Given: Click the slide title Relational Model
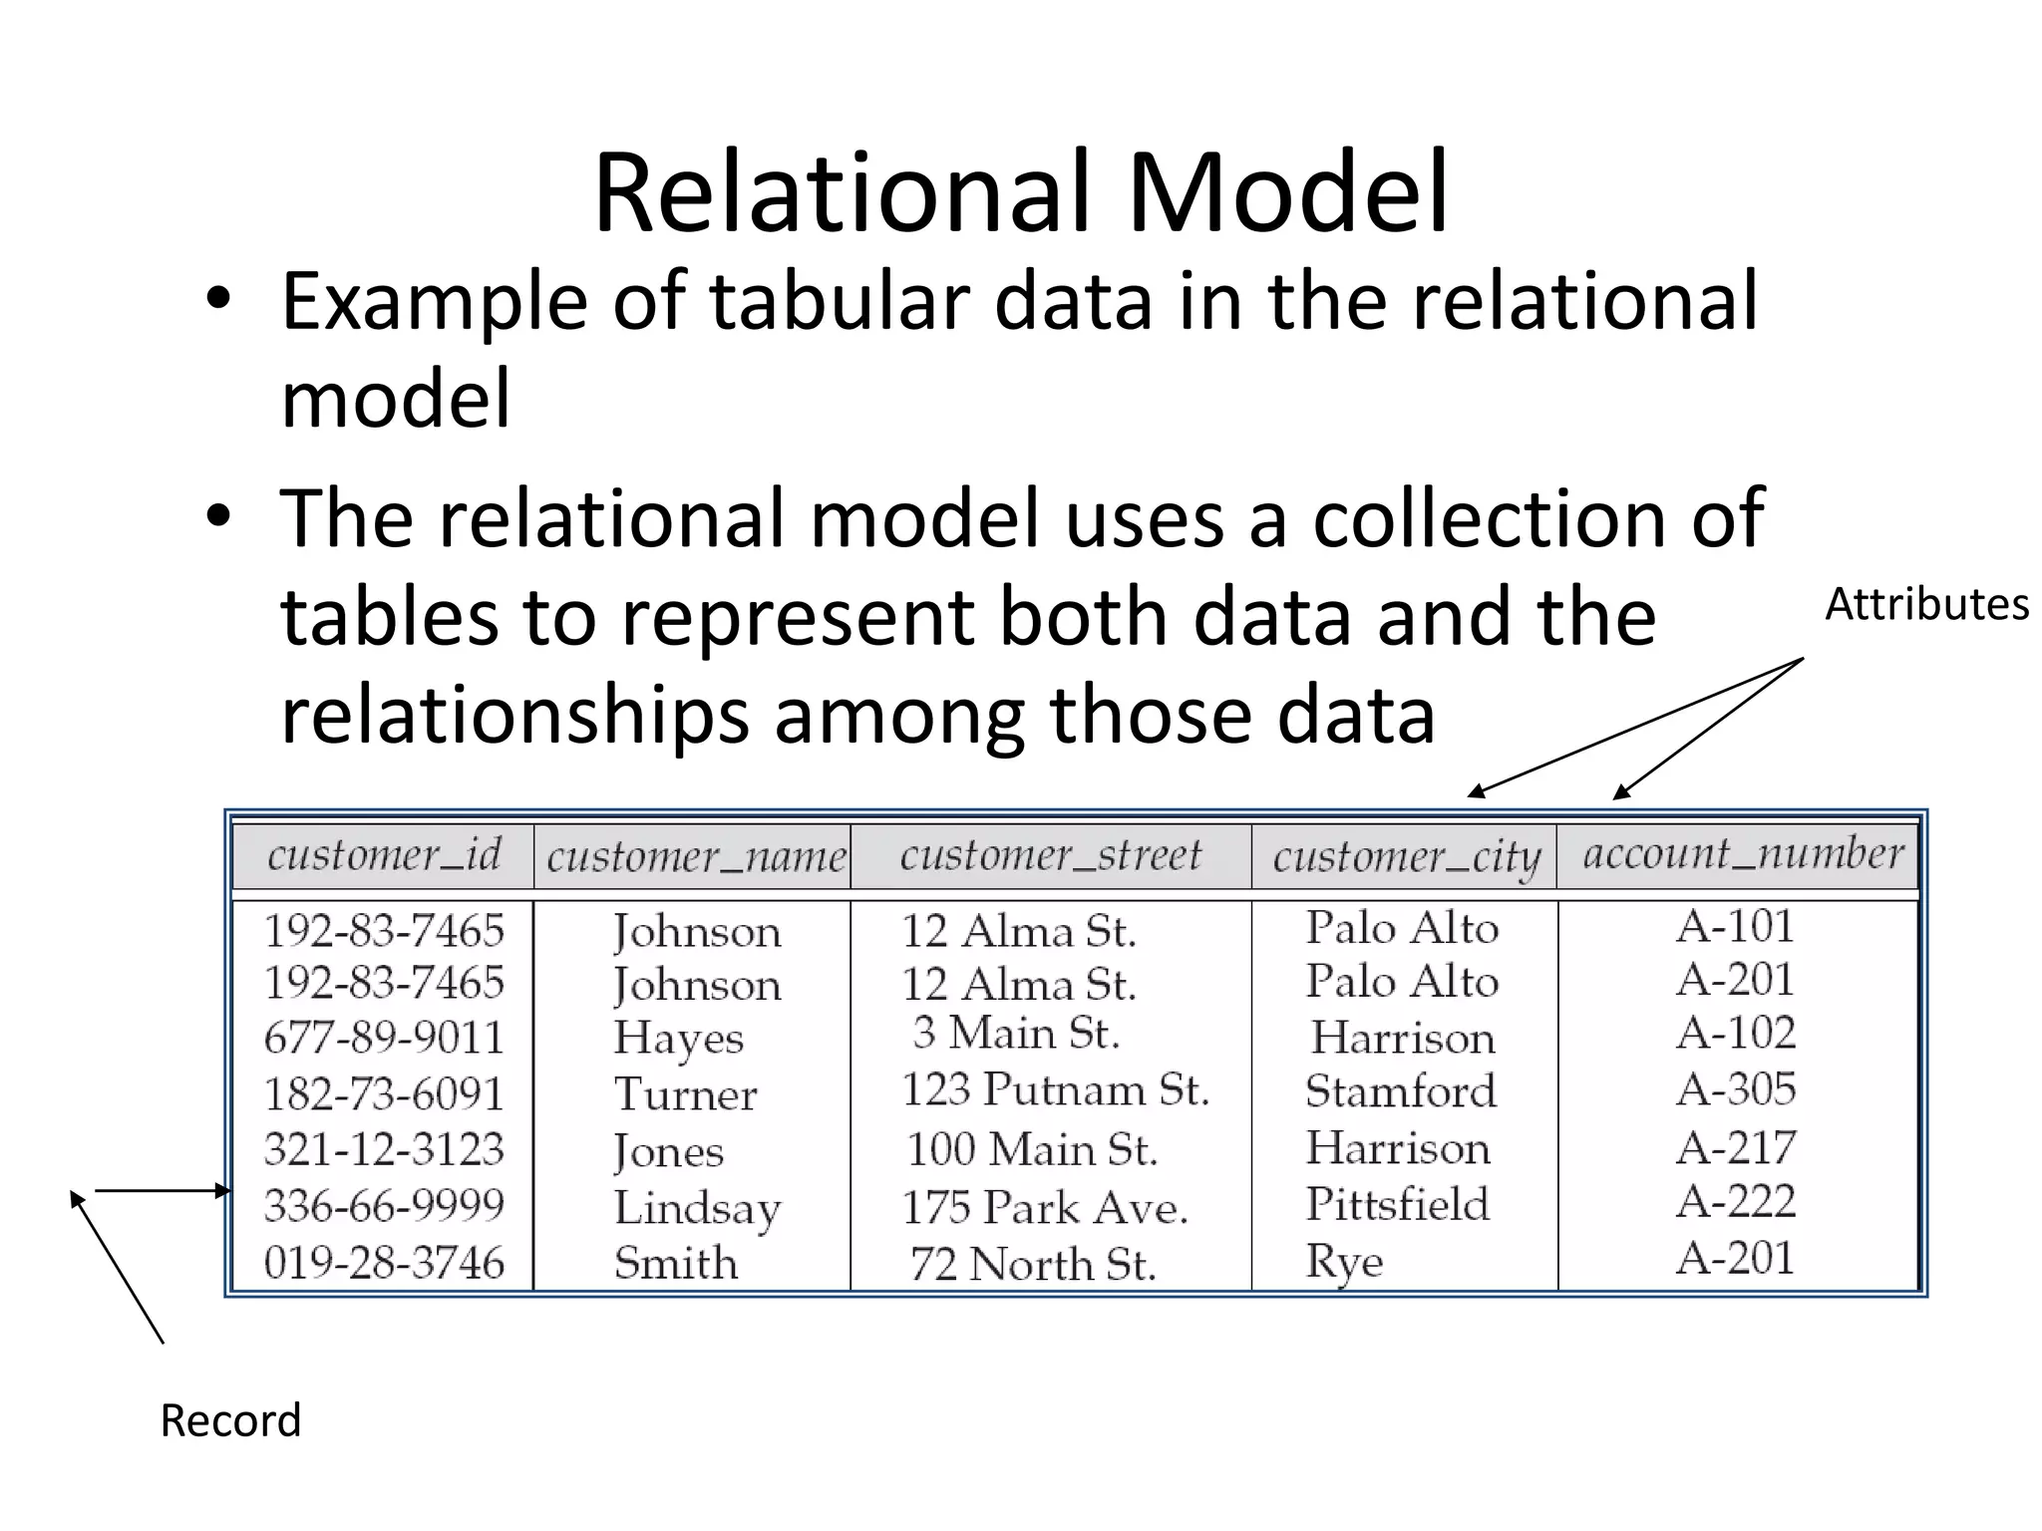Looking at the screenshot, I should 1020,192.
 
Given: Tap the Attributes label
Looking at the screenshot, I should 1926,605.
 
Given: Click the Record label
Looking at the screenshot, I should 230,1420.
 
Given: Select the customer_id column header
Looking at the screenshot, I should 384,855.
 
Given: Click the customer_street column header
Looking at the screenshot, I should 1051,855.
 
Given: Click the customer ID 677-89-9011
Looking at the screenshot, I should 384,1038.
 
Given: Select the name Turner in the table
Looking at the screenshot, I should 686,1094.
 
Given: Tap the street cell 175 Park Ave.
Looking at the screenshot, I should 1045,1208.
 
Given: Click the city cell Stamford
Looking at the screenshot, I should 1401,1091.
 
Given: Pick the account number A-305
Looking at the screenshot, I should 1736,1089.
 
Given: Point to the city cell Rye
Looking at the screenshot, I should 1344,1263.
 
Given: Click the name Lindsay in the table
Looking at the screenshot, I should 697,1209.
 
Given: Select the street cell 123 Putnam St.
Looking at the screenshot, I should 1055,1089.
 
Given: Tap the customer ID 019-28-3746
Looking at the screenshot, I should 384,1263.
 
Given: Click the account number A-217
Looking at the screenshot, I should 1736,1147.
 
